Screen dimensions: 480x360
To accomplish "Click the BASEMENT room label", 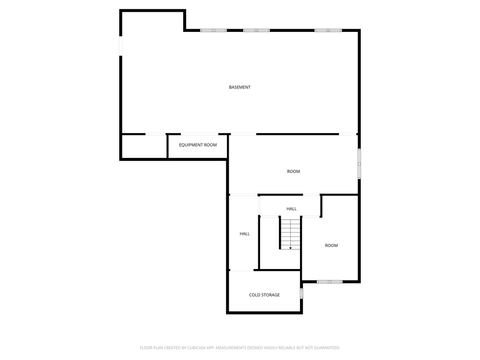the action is (240, 87).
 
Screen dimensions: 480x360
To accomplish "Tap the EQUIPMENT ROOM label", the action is (198, 145).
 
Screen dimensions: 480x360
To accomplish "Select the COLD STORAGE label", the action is (264, 295).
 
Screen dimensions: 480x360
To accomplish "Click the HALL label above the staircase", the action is (292, 209).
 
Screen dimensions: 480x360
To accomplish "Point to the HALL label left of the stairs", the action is (245, 233).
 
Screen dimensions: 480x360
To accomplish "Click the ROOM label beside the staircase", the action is (331, 245).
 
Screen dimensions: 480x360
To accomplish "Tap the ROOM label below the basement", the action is (293, 172).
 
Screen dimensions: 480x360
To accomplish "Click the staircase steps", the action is (290, 233).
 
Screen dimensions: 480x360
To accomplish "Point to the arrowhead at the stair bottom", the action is (290, 248).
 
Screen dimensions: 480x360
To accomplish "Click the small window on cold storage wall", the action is (301, 293).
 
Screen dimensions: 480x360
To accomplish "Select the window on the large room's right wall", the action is (360, 164).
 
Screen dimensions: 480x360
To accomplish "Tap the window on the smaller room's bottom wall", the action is (330, 282).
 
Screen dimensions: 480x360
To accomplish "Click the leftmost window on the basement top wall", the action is (213, 30).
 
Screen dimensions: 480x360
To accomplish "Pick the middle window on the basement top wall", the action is (256, 30).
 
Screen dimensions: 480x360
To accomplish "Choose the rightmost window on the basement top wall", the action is (328, 30).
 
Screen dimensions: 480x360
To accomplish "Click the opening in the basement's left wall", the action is (120, 46).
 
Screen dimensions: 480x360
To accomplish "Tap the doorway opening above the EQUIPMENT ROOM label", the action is (199, 134).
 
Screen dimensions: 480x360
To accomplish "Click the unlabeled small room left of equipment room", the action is (144, 146).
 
